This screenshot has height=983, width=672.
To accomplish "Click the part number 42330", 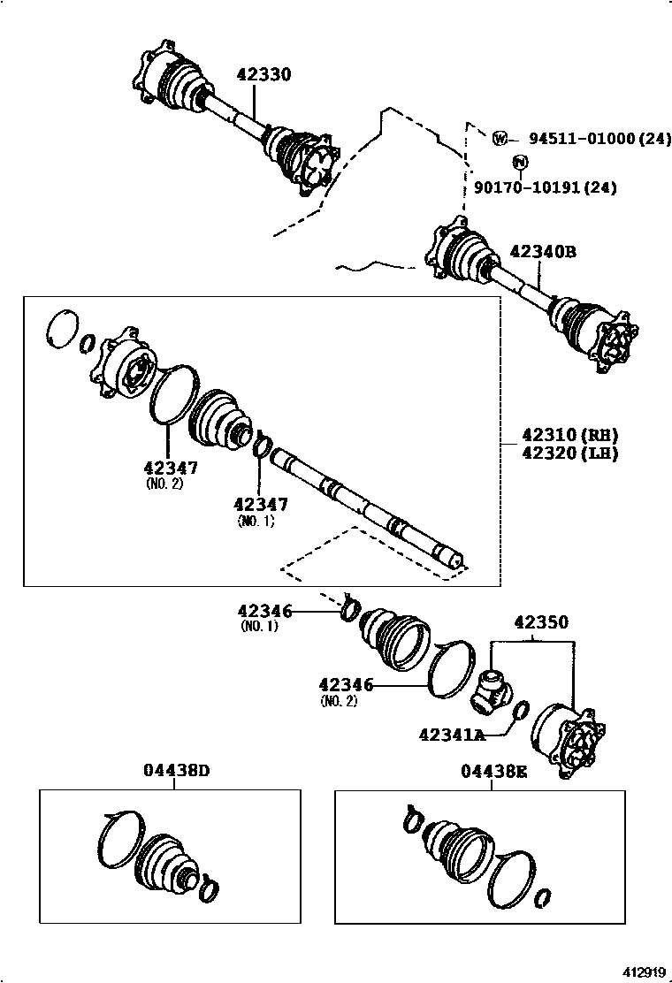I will [263, 75].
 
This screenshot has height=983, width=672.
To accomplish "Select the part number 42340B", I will [542, 252].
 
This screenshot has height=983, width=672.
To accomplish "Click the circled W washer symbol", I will [500, 139].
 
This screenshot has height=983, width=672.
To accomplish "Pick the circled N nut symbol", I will [520, 161].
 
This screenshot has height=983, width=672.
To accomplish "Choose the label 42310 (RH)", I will [569, 435].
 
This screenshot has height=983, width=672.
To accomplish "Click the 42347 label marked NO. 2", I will [170, 468].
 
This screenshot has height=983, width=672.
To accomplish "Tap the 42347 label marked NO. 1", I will [260, 504].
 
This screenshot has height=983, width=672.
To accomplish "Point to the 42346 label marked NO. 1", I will [263, 610].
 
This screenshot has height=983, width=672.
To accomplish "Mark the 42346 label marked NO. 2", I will [347, 684].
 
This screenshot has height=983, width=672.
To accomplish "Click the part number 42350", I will [540, 622].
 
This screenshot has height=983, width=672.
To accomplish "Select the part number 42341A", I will [452, 734].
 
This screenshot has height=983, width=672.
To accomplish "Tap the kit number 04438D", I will [177, 770].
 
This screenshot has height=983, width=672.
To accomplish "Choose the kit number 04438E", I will [493, 770].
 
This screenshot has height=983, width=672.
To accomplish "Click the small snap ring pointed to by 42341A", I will [521, 710].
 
